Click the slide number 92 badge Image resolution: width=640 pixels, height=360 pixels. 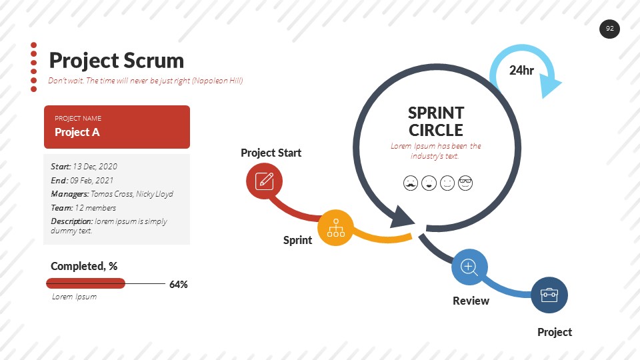pos(609,29)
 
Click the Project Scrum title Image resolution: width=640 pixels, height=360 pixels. pos(116,61)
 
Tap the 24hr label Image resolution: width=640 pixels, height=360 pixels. pos(521,70)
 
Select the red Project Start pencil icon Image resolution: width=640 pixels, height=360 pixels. pos(264,181)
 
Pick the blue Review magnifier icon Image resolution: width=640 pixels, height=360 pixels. pos(469,267)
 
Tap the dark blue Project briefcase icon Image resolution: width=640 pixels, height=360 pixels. pos(549,295)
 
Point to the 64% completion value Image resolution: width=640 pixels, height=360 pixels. pos(178,284)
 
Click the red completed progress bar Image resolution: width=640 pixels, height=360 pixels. pos(85,283)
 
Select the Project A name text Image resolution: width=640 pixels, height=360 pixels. pos(77,132)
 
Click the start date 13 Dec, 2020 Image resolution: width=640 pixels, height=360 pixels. pos(95,167)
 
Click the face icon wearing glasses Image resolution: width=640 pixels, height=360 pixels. pos(465,183)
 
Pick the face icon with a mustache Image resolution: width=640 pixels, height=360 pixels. pos(411,183)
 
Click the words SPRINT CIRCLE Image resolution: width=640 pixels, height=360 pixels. pos(436,121)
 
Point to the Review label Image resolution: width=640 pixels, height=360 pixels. pos(471,301)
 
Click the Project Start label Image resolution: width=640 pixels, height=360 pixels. pos(271,153)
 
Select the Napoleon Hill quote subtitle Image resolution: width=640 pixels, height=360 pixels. pos(145,81)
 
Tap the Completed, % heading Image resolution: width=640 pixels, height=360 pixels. pos(84,266)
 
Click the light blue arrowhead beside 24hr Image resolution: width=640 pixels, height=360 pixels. pos(550,85)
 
